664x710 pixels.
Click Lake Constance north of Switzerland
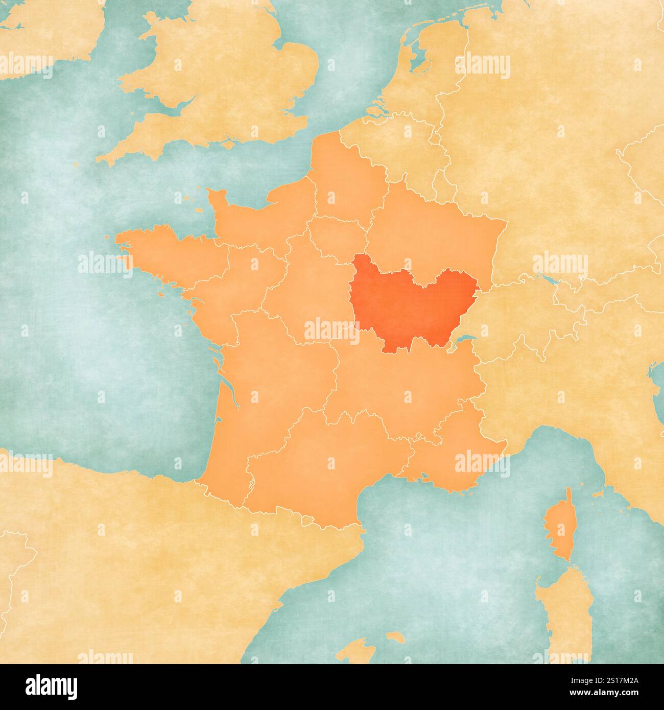pos(549,279)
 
